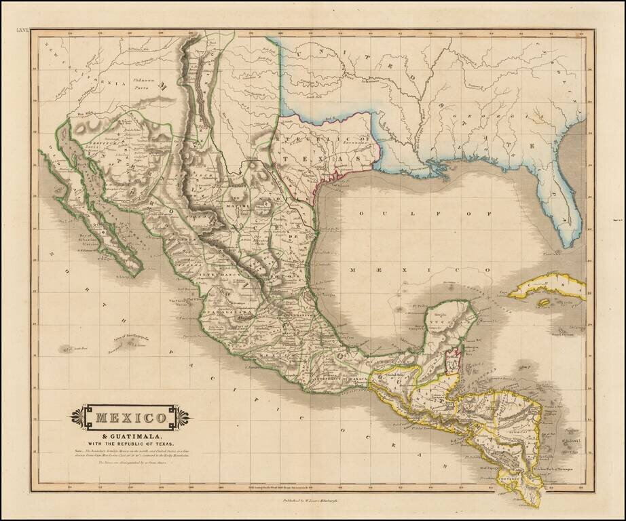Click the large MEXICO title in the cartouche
pyautogui.click(x=129, y=416)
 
